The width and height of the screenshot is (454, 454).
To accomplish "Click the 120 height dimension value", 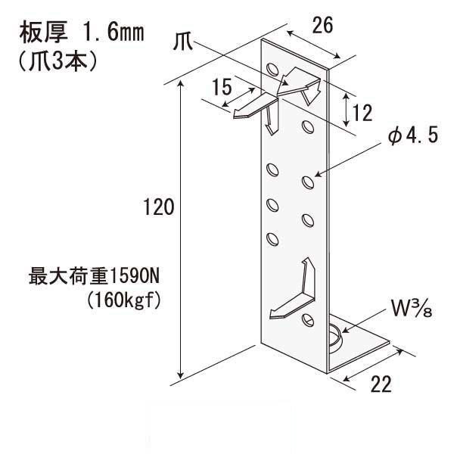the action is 159,207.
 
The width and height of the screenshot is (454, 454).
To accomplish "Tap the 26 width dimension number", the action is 322,25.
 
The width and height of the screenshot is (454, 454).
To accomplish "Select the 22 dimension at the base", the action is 381,384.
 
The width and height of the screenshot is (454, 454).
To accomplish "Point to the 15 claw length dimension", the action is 222,86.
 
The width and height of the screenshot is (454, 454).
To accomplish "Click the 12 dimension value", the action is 362,113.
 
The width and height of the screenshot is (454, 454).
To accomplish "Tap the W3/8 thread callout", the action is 412,309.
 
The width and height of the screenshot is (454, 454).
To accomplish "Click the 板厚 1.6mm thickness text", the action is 82,33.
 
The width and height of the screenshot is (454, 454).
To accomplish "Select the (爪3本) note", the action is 58,61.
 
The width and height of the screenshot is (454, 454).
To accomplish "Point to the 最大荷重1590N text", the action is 94,276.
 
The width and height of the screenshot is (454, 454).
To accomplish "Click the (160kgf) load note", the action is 123,300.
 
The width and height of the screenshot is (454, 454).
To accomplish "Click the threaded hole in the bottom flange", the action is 335,337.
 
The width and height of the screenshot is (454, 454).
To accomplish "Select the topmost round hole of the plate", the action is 272,70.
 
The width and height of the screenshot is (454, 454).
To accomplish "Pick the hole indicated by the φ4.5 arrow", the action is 308,182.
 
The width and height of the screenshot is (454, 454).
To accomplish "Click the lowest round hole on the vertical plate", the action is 308,319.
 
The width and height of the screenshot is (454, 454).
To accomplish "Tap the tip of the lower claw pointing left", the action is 270,316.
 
